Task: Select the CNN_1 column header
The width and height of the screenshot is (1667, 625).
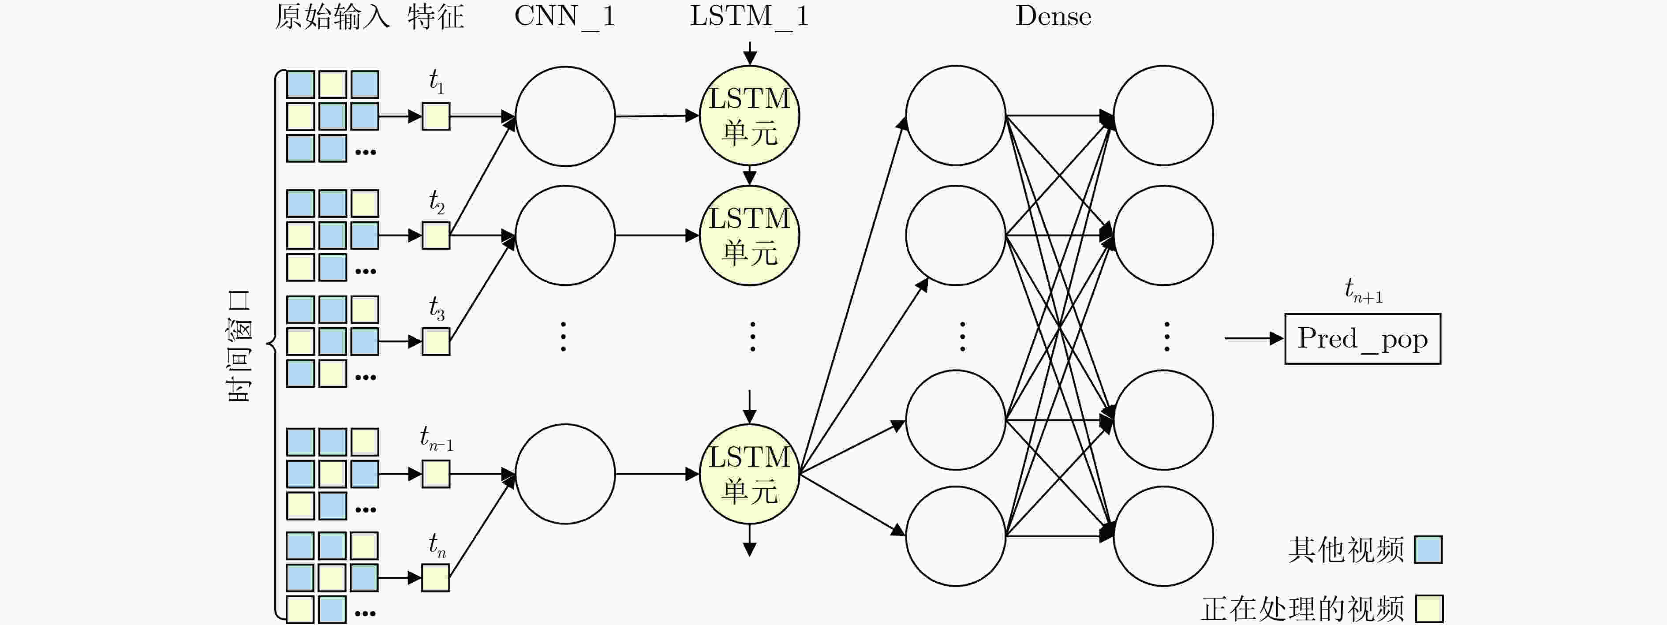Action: point(564,16)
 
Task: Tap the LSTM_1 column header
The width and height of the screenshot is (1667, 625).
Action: point(749,16)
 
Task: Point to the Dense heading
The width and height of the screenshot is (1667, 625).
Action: point(1053,16)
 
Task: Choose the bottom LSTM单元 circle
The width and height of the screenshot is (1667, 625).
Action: point(749,474)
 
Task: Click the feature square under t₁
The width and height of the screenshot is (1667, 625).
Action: point(436,116)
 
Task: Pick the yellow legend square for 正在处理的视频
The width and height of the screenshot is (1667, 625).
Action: point(1429,609)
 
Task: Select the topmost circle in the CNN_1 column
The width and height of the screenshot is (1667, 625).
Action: point(565,116)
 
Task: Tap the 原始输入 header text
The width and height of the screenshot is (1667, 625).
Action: point(332,17)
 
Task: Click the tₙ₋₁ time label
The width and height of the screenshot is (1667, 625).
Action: point(437,438)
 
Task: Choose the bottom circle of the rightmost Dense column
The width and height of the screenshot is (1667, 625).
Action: point(1163,536)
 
